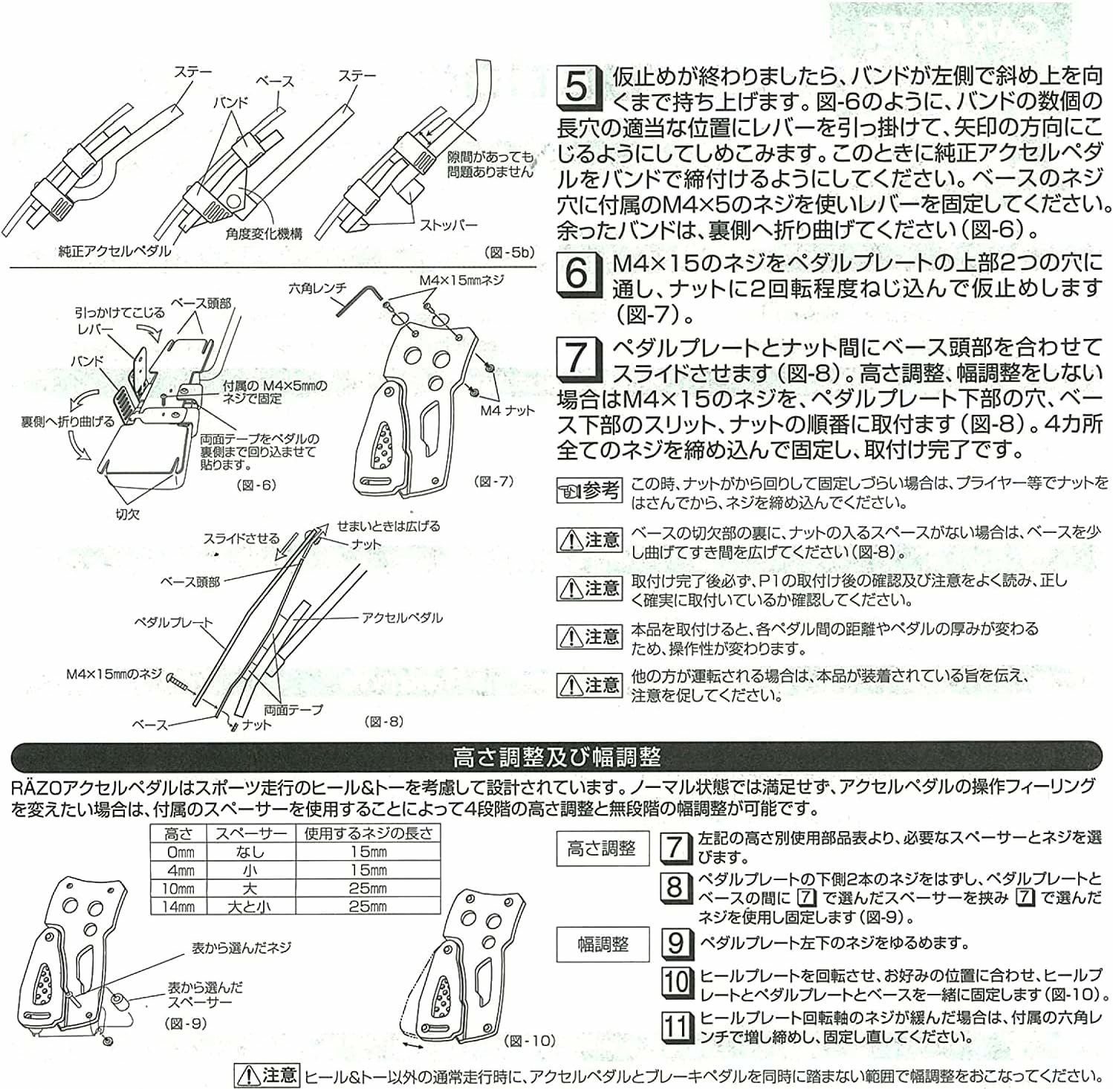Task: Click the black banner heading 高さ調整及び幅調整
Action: click(x=556, y=757)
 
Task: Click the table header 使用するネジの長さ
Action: click(x=368, y=833)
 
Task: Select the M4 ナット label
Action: click(x=507, y=410)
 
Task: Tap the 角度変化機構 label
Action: click(x=265, y=233)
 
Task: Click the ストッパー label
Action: click(x=448, y=224)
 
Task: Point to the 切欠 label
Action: click(x=127, y=514)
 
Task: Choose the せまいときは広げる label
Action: click(x=388, y=526)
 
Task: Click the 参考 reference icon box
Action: click(x=588, y=491)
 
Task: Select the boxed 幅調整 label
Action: click(x=603, y=944)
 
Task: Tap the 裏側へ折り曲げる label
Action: click(x=68, y=421)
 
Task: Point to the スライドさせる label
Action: click(x=241, y=538)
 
